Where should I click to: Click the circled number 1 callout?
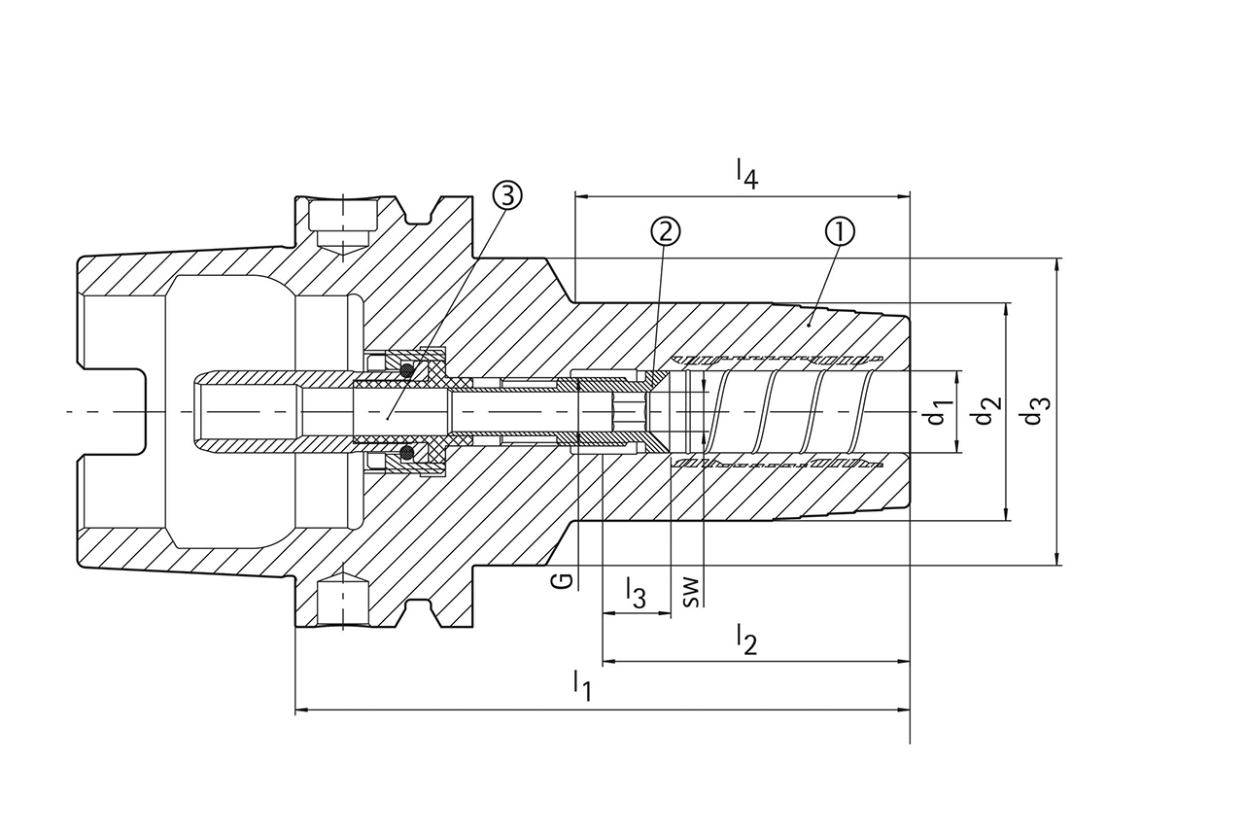click(x=840, y=231)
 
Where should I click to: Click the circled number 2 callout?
click(x=666, y=231)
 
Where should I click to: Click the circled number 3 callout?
click(x=506, y=195)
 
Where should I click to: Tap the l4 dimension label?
click(x=745, y=173)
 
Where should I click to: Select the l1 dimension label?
click(x=581, y=684)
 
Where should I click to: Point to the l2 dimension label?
click(x=745, y=639)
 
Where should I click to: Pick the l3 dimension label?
click(x=635, y=592)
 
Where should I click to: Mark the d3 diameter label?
click(x=1036, y=411)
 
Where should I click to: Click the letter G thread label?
click(x=561, y=581)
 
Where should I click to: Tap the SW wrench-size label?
click(x=690, y=591)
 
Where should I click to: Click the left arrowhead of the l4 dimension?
click(x=581, y=195)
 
